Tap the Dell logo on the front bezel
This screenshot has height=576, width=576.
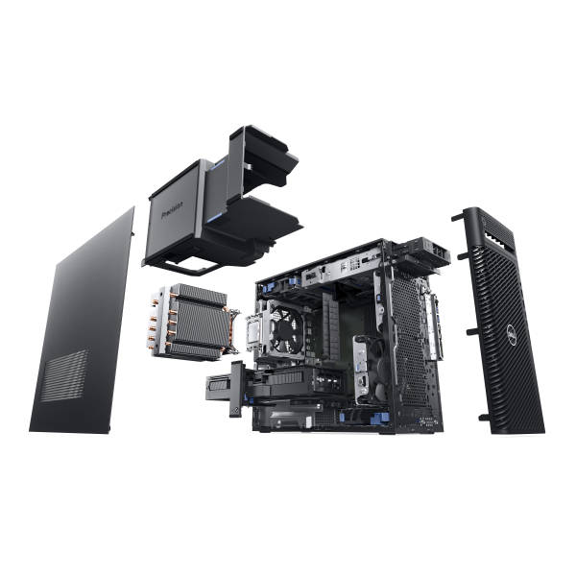[514, 336]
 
